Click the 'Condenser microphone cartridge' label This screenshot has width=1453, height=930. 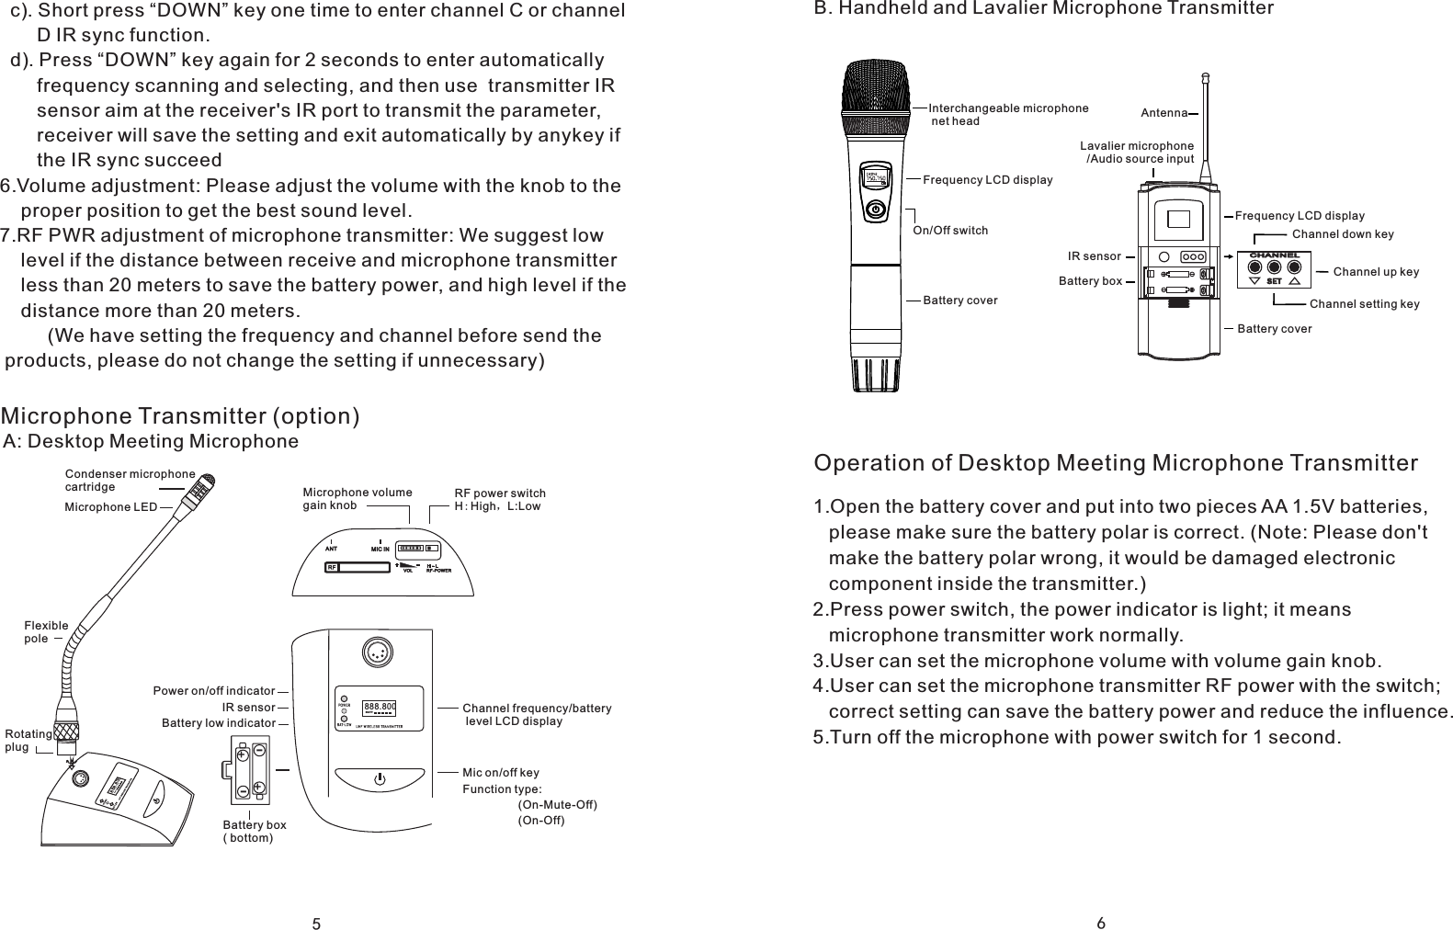(x=130, y=480)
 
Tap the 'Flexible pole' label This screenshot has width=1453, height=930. (x=46, y=631)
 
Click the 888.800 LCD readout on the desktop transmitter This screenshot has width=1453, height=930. (x=380, y=706)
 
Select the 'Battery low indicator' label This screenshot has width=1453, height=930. (x=218, y=723)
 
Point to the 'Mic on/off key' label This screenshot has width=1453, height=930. (x=500, y=773)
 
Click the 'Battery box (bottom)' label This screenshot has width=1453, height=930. (x=254, y=832)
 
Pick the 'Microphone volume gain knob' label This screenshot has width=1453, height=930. (x=357, y=499)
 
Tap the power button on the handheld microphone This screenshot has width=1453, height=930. (x=877, y=210)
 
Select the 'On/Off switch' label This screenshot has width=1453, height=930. (x=950, y=230)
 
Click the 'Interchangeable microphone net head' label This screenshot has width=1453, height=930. (x=1007, y=114)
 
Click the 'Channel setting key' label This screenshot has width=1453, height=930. (x=1364, y=303)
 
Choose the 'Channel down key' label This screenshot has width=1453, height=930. (x=1342, y=233)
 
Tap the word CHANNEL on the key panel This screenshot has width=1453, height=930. (x=1273, y=255)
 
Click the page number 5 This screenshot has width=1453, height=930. (x=315, y=924)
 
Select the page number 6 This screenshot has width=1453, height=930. (x=1101, y=923)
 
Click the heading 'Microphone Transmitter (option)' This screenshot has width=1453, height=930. (x=180, y=416)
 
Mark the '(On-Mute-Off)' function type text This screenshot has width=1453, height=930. (x=557, y=805)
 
